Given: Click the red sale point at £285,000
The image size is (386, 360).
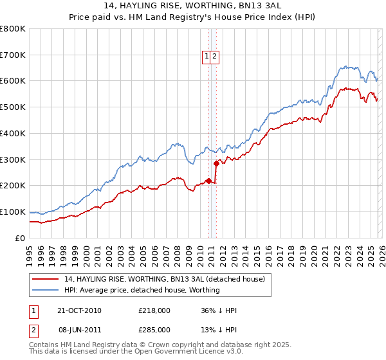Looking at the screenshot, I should pos(216,163).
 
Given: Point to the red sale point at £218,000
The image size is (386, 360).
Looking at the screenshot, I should pos(209,181).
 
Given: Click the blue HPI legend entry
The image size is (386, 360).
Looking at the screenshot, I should pos(142,290).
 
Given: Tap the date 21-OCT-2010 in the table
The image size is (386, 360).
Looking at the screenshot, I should pos(79,310).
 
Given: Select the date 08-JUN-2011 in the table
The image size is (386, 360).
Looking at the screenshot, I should pos(79,330).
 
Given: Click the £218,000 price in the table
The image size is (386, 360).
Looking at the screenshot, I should pos(154,310).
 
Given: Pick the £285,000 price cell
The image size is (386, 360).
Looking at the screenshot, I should pos(154,330).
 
